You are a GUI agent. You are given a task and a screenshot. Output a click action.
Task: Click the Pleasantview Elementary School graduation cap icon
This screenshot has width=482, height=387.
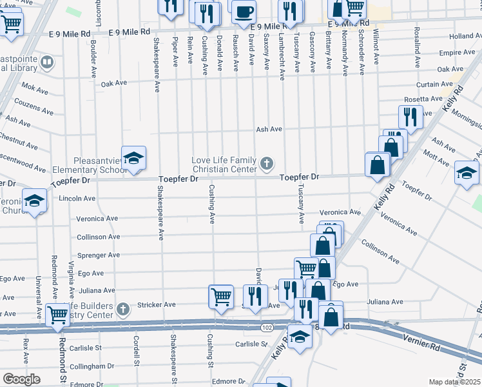coord(133,159)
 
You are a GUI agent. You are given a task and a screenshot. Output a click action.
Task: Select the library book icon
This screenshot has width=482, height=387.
coord(46,63)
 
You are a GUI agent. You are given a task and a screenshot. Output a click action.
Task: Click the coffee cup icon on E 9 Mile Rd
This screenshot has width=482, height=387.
coord(244,11)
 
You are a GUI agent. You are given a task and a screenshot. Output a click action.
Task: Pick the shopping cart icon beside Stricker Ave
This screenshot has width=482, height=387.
coord(221,297)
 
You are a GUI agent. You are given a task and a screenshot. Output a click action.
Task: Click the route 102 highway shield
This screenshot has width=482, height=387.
coord(267,328)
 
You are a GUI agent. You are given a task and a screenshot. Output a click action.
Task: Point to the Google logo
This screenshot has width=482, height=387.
coord(21,379)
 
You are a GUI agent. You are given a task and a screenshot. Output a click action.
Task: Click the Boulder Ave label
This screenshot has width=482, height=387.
coord(94,55)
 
